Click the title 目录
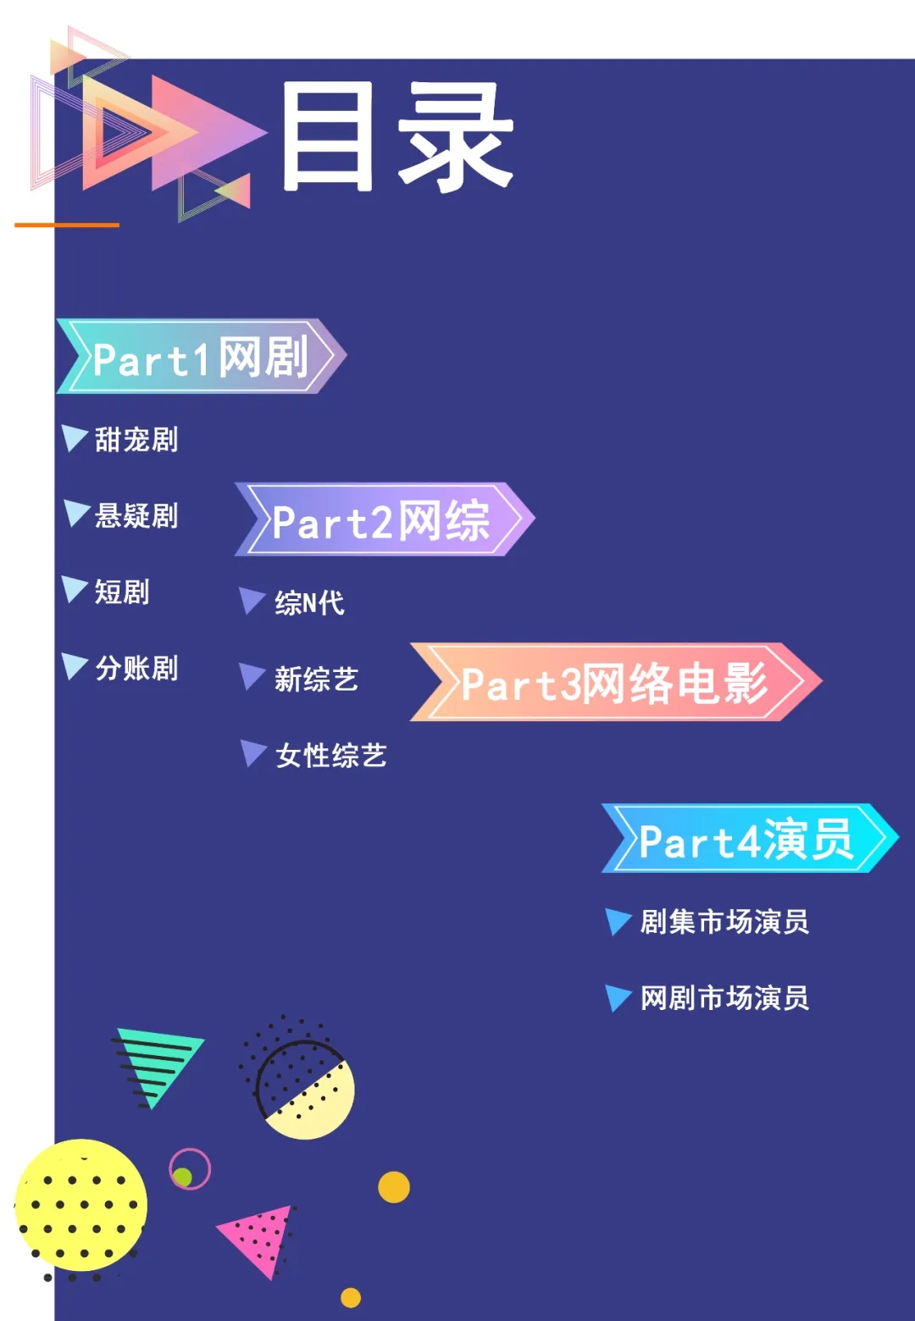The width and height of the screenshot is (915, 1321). point(396,136)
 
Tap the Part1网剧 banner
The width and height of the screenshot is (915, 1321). point(201,357)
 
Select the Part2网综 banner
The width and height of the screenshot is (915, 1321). point(383,519)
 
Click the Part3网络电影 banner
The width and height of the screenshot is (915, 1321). point(614,683)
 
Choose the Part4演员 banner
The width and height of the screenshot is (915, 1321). point(747,839)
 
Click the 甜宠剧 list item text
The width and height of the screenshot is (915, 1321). point(136,440)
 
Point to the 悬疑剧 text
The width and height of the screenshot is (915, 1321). point(136,515)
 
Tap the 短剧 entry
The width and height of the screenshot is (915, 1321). point(122,591)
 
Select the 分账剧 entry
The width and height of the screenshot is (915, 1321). point(136,668)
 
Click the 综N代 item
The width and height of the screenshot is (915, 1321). point(309,602)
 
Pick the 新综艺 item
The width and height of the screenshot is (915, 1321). point(316,679)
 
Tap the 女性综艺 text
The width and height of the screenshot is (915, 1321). point(330,755)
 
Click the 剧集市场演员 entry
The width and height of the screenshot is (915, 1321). point(724,921)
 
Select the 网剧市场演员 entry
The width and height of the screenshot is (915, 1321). point(724,997)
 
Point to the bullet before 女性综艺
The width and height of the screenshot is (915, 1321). point(252,752)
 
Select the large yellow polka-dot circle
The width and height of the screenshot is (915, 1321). point(81,1204)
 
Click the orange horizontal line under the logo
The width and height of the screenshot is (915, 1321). point(67,225)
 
